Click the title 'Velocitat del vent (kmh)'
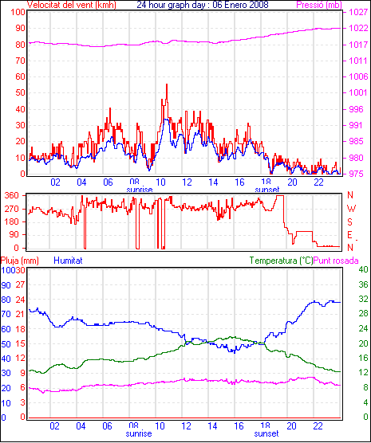tap(72, 5)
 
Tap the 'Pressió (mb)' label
tap(319, 5)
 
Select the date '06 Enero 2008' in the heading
tap(240, 5)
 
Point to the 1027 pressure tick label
tap(358, 13)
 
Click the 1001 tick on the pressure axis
tap(358, 93)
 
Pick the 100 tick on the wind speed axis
tap(18, 13)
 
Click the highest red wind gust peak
tap(167, 84)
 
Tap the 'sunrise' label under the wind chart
tap(140, 190)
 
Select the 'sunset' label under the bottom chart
tap(266, 433)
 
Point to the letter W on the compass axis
tap(351, 209)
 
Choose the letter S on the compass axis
tap(350, 222)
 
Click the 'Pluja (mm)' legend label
tap(19, 261)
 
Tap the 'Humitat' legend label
tap(68, 261)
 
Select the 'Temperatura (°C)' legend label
tap(282, 261)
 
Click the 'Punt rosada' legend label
tap(336, 261)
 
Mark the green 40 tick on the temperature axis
tap(363, 270)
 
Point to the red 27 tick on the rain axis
tap(21, 284)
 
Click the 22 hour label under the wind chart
tap(318, 182)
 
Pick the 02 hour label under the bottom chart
tap(54, 426)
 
